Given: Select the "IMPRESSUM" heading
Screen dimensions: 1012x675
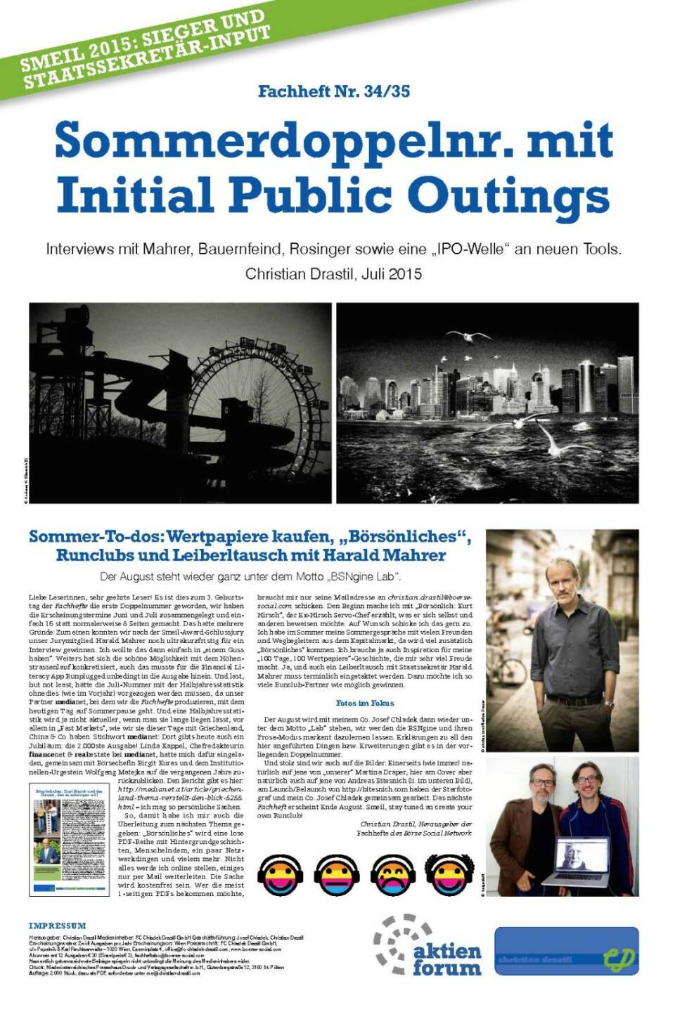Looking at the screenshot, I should [58, 926].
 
